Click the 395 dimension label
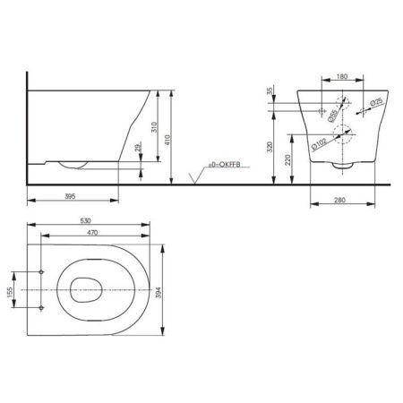coord(70,196)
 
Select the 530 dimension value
coord(85,221)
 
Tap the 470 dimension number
coord(92,233)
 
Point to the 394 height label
coord(159,293)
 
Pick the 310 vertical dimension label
coord(154,127)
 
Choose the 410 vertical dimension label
coord(167,140)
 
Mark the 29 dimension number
coord(138,147)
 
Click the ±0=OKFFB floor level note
coord(224,165)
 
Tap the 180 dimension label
coord(342,76)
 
